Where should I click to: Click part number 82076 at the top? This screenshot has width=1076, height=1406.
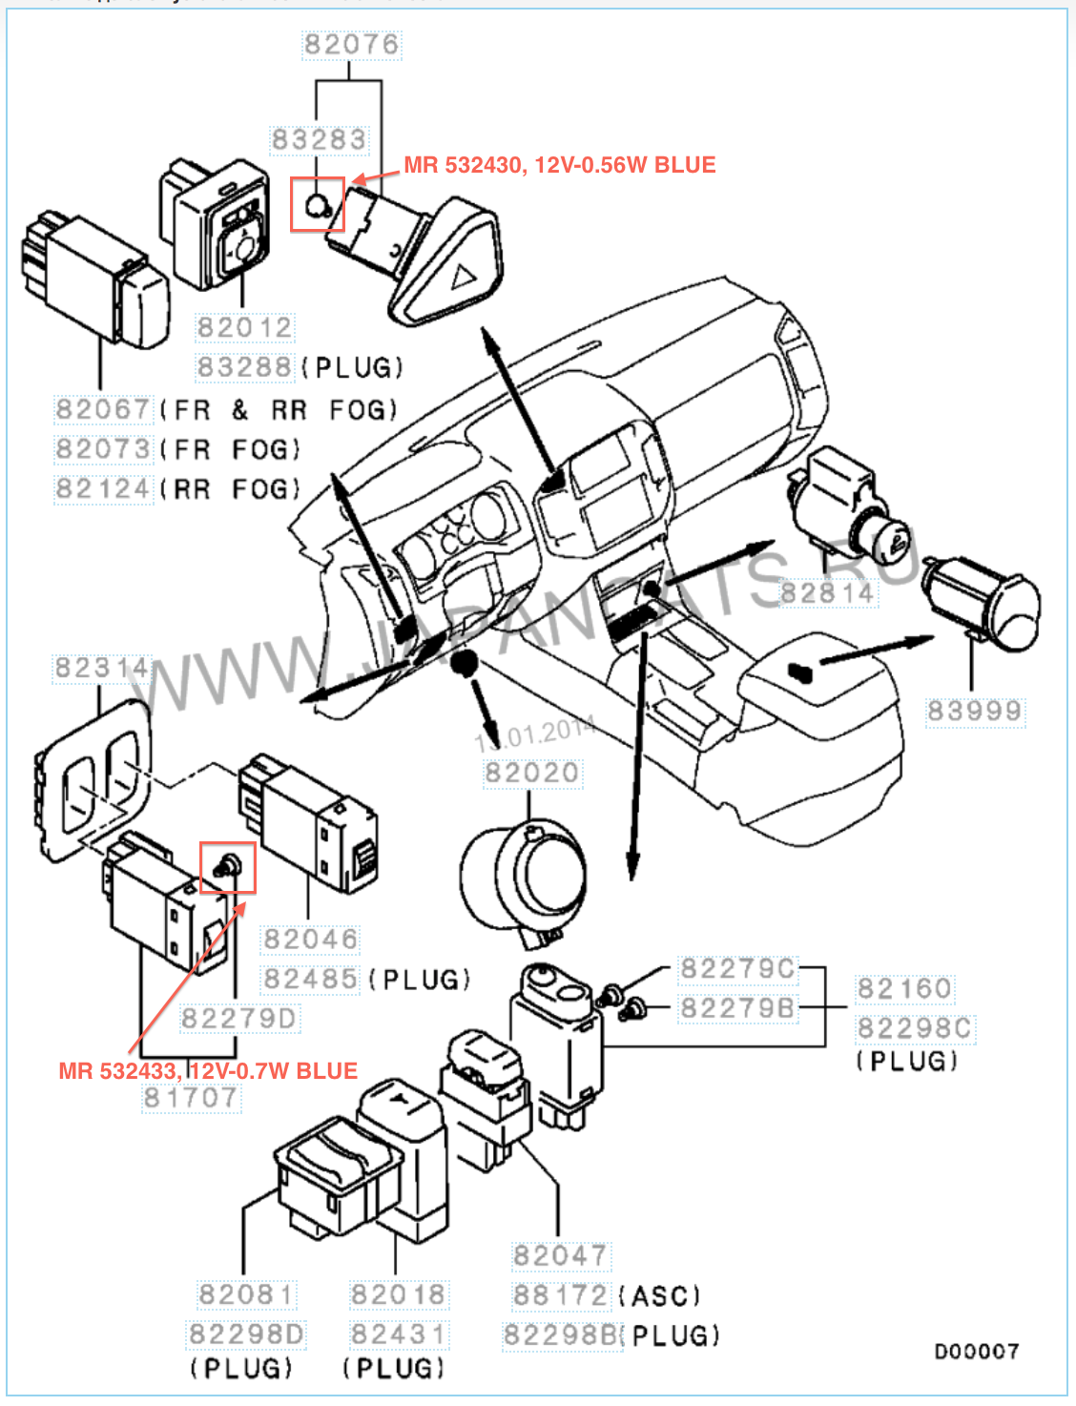click(x=351, y=45)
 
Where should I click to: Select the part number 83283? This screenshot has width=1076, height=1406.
click(x=319, y=140)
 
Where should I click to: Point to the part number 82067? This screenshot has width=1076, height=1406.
click(x=102, y=410)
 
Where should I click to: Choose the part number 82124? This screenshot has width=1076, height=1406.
click(x=102, y=489)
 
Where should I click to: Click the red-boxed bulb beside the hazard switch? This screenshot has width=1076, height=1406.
click(x=318, y=204)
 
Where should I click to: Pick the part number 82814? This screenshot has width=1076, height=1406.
click(x=827, y=593)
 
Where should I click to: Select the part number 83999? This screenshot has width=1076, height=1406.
click(x=974, y=711)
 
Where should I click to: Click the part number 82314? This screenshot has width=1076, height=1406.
click(x=101, y=668)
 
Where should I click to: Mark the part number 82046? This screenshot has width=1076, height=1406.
click(x=310, y=940)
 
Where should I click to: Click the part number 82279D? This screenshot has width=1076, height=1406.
click(x=238, y=1019)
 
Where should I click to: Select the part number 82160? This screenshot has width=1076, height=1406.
click(x=903, y=989)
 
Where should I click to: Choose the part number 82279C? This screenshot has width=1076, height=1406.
click(x=737, y=969)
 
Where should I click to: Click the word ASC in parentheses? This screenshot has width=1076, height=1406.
click(x=659, y=1296)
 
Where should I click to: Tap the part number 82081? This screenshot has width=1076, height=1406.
click(x=246, y=1294)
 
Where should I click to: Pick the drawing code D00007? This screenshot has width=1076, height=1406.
click(x=976, y=1352)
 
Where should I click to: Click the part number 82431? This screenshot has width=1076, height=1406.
click(x=397, y=1334)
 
